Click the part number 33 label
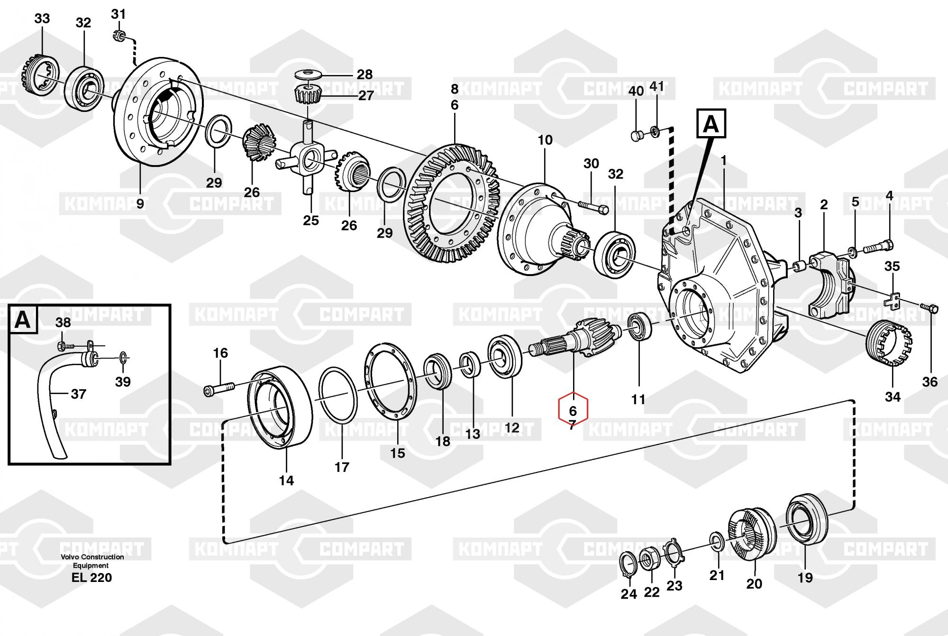tap(42, 19)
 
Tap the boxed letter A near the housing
tap(711, 124)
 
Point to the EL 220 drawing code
tap(91, 577)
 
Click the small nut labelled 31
tap(120, 36)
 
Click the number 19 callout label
tap(805, 577)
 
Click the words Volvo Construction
tap(92, 557)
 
